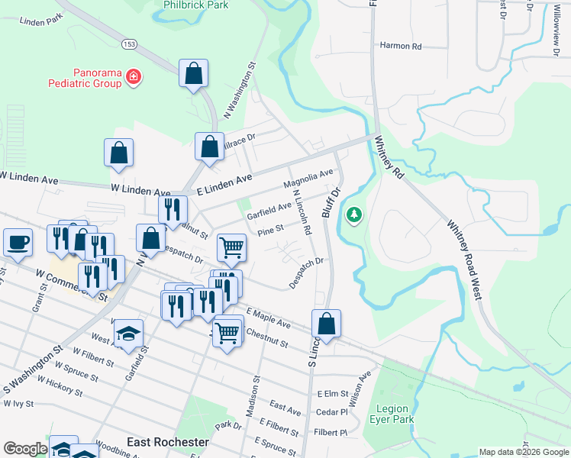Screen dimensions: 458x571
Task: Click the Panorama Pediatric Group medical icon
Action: [134, 77]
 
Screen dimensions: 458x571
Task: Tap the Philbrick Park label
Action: [196, 5]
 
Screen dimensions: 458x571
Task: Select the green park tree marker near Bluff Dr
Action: [353, 216]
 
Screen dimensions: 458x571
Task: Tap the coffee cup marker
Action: [18, 242]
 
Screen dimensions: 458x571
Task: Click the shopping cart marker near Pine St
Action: [231, 247]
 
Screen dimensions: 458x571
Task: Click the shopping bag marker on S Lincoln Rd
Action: [326, 323]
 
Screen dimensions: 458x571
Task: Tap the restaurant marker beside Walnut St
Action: [173, 208]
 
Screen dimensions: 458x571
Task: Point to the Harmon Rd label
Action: [401, 47]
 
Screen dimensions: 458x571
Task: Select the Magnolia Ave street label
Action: [308, 180]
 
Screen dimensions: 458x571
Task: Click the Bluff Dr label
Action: [331, 201]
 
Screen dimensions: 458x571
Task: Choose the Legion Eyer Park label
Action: [394, 414]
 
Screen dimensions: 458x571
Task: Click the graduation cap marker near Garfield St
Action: [128, 333]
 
